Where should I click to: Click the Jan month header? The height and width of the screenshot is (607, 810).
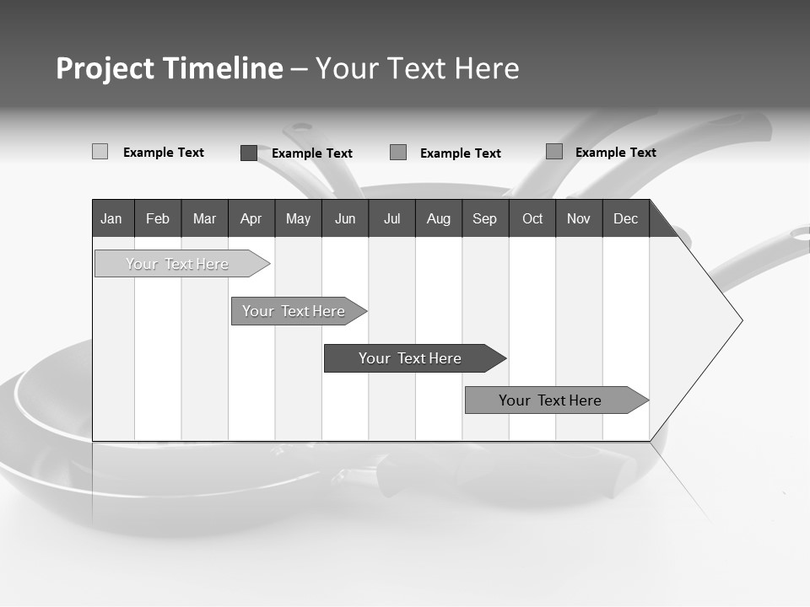pos(111,219)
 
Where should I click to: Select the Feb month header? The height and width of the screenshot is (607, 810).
pos(158,219)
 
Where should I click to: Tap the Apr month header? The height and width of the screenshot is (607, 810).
pos(251,219)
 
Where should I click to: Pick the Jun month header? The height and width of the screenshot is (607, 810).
pos(345,219)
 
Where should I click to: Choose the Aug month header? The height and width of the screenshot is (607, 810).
pos(438,219)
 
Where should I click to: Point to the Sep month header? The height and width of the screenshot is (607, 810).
pos(484,219)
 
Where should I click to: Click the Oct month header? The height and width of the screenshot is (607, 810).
pos(532,219)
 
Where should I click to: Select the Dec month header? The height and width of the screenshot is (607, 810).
pos(625,219)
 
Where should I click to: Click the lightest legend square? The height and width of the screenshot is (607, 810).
pos(100,152)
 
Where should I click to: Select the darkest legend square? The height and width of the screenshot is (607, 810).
pos(249,153)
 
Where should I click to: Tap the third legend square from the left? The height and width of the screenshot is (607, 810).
pos(398,153)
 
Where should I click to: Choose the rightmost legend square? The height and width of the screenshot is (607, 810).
pos(554,152)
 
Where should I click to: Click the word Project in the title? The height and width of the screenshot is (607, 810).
pos(105,68)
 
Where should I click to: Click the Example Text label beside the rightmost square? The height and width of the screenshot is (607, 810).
pos(615,153)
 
